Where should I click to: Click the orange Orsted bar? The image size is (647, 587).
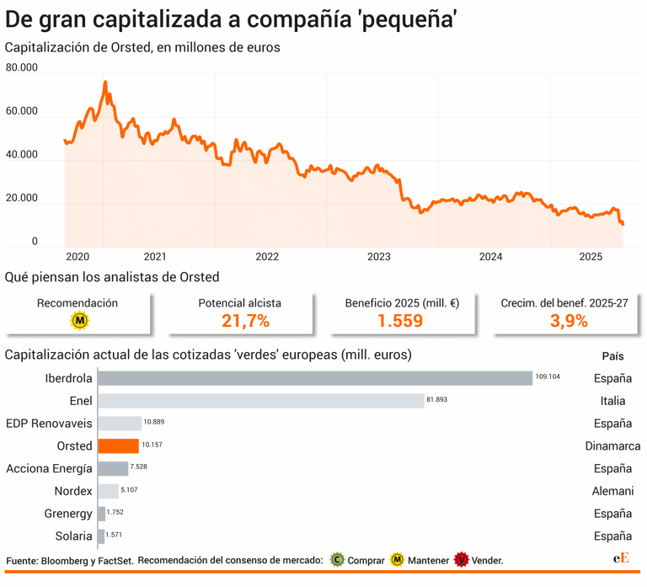tap(118, 446)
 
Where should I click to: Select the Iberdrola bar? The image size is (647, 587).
tap(315, 378)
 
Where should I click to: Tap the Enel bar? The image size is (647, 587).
tap(260, 401)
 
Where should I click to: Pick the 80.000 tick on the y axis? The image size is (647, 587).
tap(22, 67)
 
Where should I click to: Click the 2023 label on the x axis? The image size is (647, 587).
tap(379, 256)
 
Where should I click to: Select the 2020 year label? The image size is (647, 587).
tap(78, 256)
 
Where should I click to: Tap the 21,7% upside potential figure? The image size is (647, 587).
tap(245, 321)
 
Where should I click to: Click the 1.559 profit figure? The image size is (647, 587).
tap(400, 321)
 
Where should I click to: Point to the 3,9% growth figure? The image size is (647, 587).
tap(557, 321)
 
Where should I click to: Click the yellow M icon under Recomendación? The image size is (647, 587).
tap(79, 321)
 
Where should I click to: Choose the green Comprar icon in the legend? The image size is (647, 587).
tap(336, 559)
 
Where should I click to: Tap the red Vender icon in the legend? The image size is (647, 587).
tap(460, 559)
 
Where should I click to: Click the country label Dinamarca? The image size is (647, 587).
tap(612, 446)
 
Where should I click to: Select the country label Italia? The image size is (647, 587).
tap(612, 401)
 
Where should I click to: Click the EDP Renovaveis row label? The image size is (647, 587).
tap(49, 423)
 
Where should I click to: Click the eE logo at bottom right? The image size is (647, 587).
tap(621, 558)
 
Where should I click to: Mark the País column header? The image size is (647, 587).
tap(612, 355)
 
